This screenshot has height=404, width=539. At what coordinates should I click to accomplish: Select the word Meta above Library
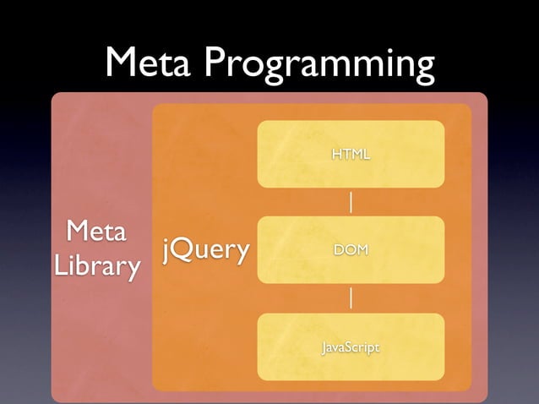click(x=96, y=231)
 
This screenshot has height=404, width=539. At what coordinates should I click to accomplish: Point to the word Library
click(x=96, y=266)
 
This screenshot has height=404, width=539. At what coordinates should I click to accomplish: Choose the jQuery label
click(x=206, y=250)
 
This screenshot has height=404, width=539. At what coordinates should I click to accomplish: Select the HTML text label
click(x=351, y=154)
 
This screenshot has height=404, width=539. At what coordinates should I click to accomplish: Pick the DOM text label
click(x=351, y=250)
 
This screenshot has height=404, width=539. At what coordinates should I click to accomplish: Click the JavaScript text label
click(x=351, y=347)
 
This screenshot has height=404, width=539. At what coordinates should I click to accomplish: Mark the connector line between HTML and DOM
click(x=351, y=202)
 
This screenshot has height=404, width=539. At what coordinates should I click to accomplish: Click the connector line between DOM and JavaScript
click(x=351, y=298)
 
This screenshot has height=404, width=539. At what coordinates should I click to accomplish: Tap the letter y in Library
click(x=133, y=270)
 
